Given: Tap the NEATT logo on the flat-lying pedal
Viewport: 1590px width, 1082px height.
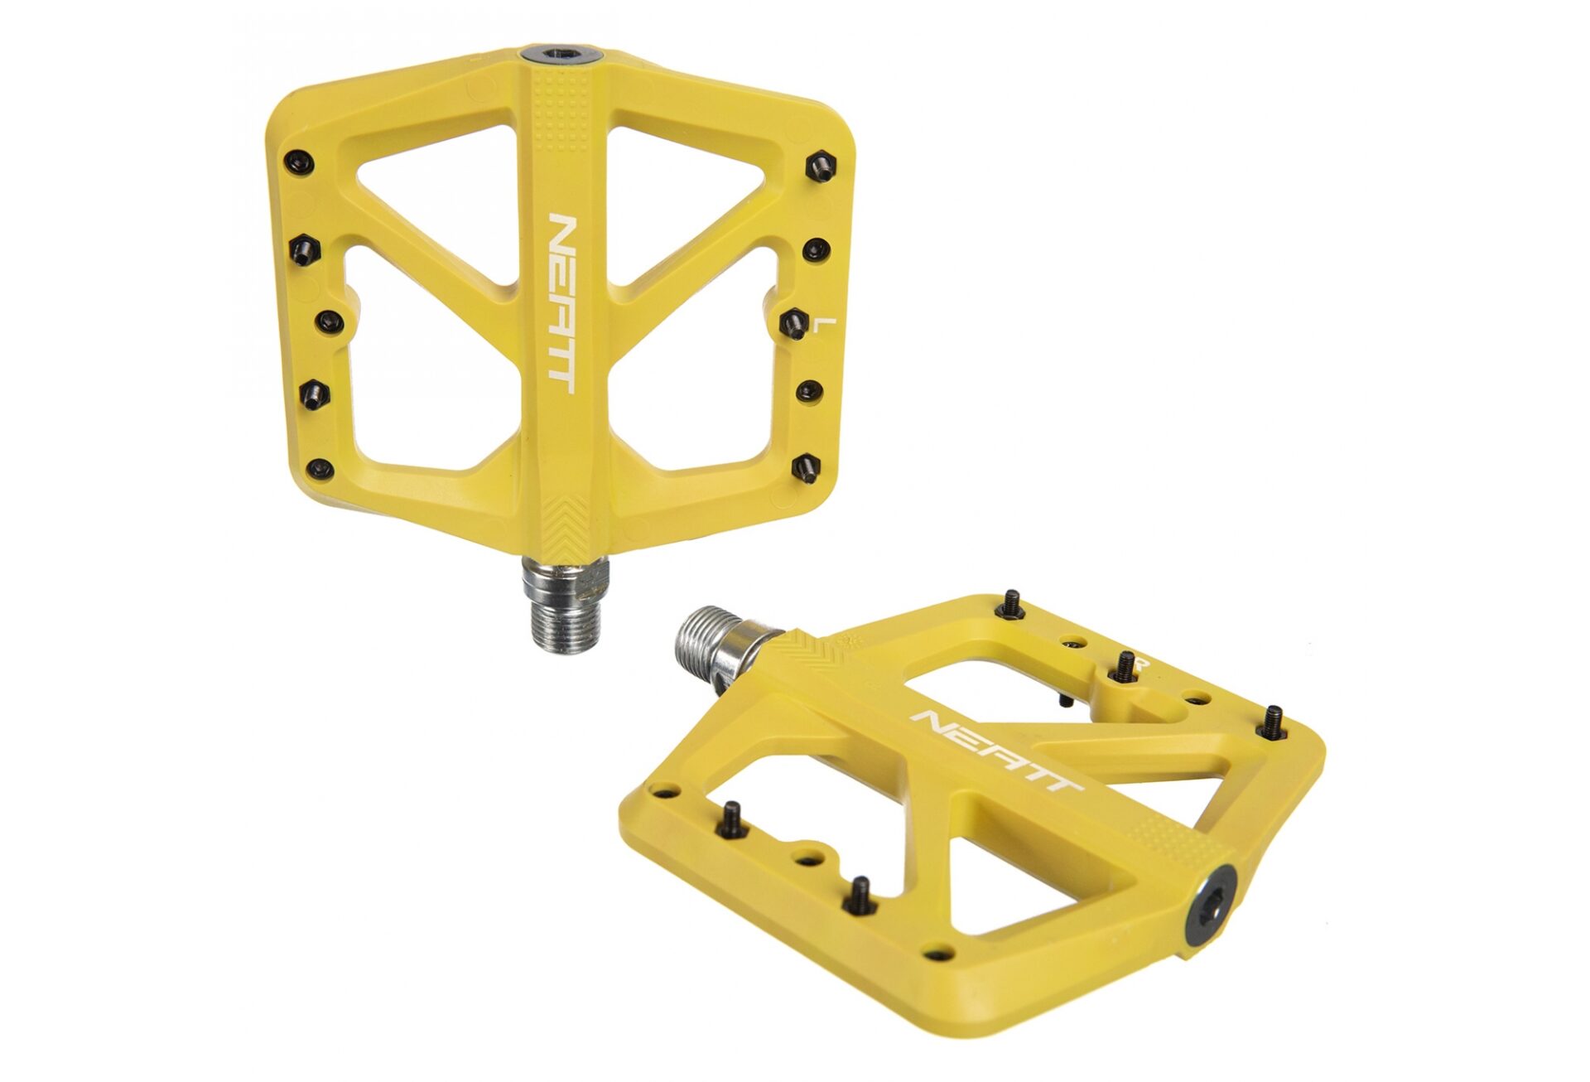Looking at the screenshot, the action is coord(996,750).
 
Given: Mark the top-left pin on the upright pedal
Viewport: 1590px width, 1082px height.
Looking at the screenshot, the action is coord(298,162).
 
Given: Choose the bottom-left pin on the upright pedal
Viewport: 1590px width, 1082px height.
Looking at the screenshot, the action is coord(320,468).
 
